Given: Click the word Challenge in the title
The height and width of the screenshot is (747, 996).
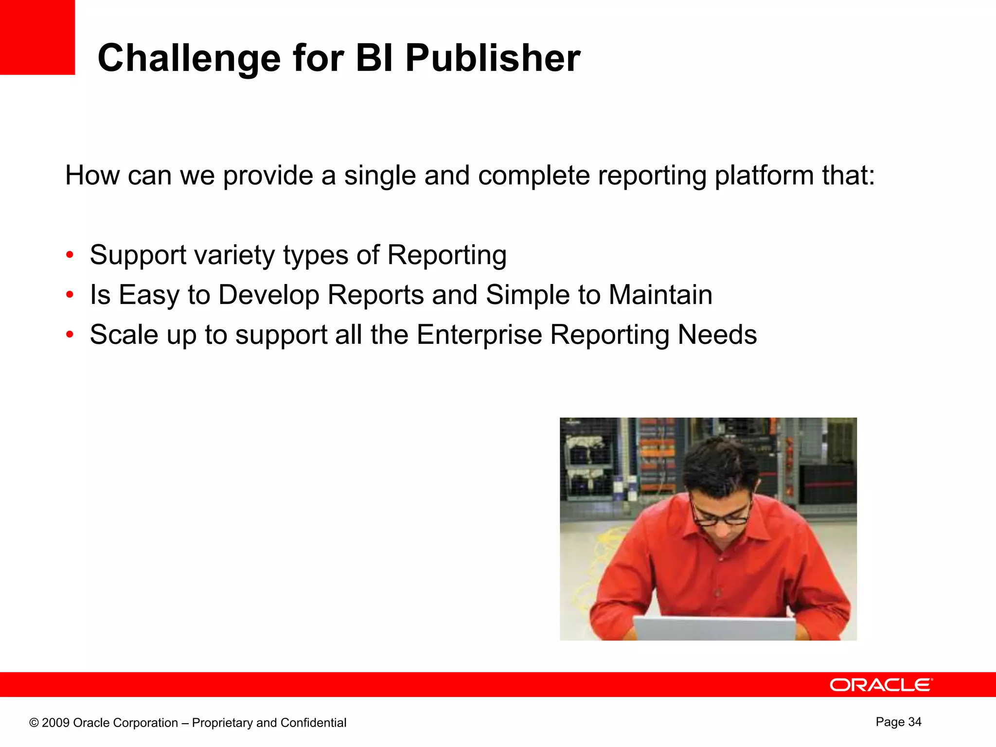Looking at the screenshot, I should click(189, 59).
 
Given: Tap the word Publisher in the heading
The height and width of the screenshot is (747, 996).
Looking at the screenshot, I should click(492, 58).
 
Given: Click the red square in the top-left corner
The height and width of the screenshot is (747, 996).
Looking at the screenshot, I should click(37, 37).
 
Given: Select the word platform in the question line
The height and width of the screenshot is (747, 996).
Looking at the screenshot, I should click(764, 176).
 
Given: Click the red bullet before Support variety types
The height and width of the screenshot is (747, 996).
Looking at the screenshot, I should click(70, 255).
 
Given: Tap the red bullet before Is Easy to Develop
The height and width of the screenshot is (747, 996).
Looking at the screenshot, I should click(70, 295).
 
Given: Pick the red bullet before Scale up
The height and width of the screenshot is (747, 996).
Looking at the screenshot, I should click(70, 335).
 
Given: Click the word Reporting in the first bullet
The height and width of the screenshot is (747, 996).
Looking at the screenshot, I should click(446, 255).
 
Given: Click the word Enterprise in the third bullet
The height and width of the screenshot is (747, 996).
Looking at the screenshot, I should click(479, 335).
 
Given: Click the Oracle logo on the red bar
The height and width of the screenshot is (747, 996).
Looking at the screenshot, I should click(881, 685).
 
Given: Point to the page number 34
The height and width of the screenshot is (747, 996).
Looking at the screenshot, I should click(914, 722).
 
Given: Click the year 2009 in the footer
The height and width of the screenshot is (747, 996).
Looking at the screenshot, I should click(55, 723).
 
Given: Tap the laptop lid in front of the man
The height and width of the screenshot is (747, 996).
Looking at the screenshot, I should click(715, 628).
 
